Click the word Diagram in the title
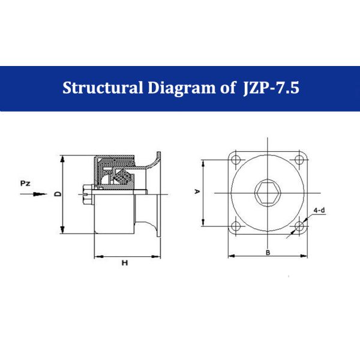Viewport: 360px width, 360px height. (x=181, y=88)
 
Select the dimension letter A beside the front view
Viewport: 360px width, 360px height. (x=196, y=192)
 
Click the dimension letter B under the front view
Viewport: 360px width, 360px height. (x=268, y=252)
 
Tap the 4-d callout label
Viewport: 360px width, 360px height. (x=320, y=211)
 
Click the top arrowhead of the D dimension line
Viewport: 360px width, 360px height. (x=63, y=158)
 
